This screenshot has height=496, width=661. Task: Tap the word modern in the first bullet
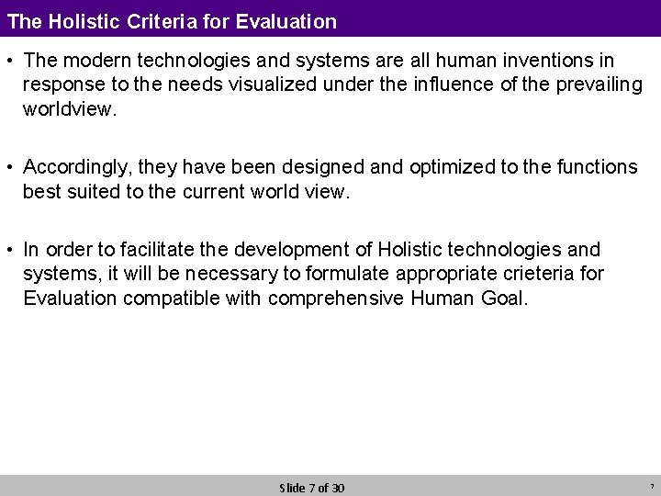tap(91, 60)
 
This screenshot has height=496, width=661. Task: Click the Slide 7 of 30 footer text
tap(311, 488)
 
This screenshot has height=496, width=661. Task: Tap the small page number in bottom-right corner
tap(650, 487)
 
